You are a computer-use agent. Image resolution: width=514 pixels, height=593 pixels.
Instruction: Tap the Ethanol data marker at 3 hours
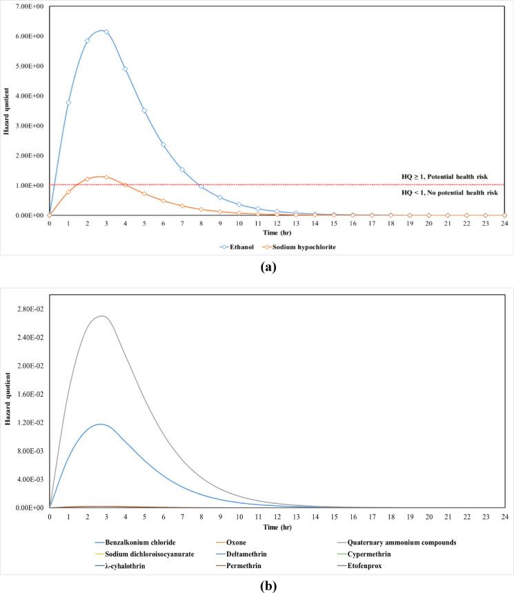[106, 32]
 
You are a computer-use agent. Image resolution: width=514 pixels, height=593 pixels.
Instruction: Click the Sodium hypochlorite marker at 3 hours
[106, 177]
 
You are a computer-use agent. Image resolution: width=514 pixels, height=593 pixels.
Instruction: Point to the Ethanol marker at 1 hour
[68, 102]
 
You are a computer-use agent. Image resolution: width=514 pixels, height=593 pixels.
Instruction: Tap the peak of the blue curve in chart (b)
[101, 424]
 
